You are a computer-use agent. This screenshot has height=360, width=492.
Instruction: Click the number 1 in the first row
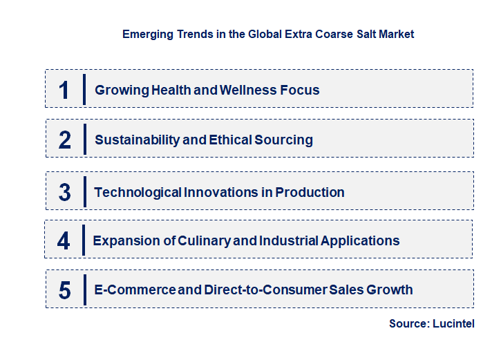(64, 90)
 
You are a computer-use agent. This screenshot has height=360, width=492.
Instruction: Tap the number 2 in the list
(65, 140)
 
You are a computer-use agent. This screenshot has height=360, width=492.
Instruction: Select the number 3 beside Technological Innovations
(65, 192)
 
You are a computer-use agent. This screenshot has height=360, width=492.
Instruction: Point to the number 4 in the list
(64, 241)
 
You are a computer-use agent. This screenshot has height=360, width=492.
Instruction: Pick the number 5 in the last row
(65, 290)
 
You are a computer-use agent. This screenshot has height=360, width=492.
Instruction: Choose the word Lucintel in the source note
(453, 323)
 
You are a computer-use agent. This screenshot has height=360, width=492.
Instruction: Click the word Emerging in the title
(147, 33)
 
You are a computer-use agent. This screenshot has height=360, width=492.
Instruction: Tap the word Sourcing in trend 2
(283, 140)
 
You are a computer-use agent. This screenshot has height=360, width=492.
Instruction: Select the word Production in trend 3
(310, 192)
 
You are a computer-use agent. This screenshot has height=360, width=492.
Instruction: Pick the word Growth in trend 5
(390, 290)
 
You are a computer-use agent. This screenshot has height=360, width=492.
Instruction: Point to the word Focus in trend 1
(300, 90)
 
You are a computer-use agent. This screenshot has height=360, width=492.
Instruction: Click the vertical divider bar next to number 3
(85, 191)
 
